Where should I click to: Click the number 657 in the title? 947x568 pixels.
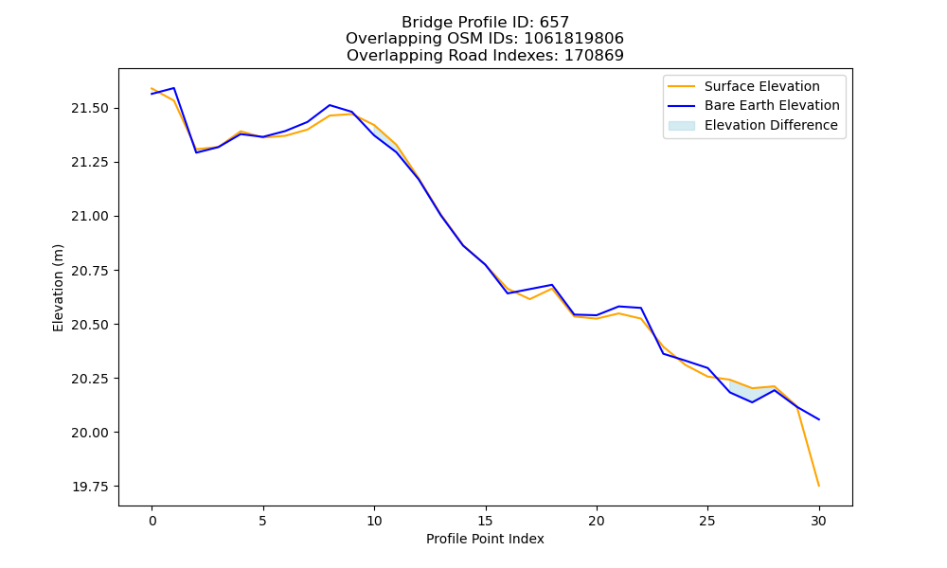[554, 23]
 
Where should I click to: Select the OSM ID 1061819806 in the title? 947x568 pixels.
[574, 39]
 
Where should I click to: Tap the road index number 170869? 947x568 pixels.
[594, 56]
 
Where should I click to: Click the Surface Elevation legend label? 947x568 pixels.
[761, 86]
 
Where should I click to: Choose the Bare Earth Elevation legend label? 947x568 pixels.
[772, 106]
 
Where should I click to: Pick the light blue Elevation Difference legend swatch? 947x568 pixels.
[681, 126]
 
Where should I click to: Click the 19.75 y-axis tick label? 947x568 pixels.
[90, 488]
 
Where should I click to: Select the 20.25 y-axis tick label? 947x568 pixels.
[90, 379]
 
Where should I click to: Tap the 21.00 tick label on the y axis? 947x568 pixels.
[90, 217]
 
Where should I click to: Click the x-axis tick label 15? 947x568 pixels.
[485, 521]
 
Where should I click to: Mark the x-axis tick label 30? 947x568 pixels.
[818, 521]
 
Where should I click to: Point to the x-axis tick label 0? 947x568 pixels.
[152, 521]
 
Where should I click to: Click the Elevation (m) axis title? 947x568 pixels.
[58, 288]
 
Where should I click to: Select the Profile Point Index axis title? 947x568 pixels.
[485, 539]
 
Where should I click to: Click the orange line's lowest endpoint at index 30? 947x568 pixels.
[818, 486]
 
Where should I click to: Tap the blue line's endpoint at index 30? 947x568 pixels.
[818, 419]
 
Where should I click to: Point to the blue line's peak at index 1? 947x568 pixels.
[174, 88]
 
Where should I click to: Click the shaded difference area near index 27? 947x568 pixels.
[750, 394]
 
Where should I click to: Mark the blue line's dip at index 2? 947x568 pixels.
[196, 152]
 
